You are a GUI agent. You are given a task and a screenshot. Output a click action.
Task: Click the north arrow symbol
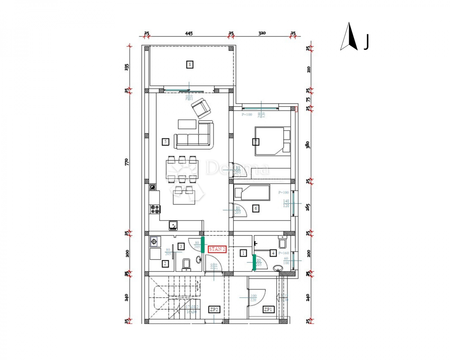point(349,37)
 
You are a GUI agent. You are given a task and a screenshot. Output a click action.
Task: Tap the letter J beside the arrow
point(366,42)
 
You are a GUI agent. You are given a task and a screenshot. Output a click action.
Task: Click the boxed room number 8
point(190,64)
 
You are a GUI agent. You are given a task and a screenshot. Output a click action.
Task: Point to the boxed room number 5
point(165,141)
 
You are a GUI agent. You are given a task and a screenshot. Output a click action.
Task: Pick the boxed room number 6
point(255,209)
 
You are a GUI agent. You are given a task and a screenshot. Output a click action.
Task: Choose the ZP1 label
point(268,309)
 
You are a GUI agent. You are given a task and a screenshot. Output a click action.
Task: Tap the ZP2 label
point(214,309)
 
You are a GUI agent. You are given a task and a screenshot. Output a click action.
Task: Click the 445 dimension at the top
point(189,33)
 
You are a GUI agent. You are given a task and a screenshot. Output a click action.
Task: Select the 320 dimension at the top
point(262,33)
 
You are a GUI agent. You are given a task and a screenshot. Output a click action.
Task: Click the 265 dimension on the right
point(308,207)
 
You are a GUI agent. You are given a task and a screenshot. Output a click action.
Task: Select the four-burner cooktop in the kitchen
point(155,209)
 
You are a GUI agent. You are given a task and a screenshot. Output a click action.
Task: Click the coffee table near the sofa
point(187,124)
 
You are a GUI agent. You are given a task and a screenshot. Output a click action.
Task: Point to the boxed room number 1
point(243,253)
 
